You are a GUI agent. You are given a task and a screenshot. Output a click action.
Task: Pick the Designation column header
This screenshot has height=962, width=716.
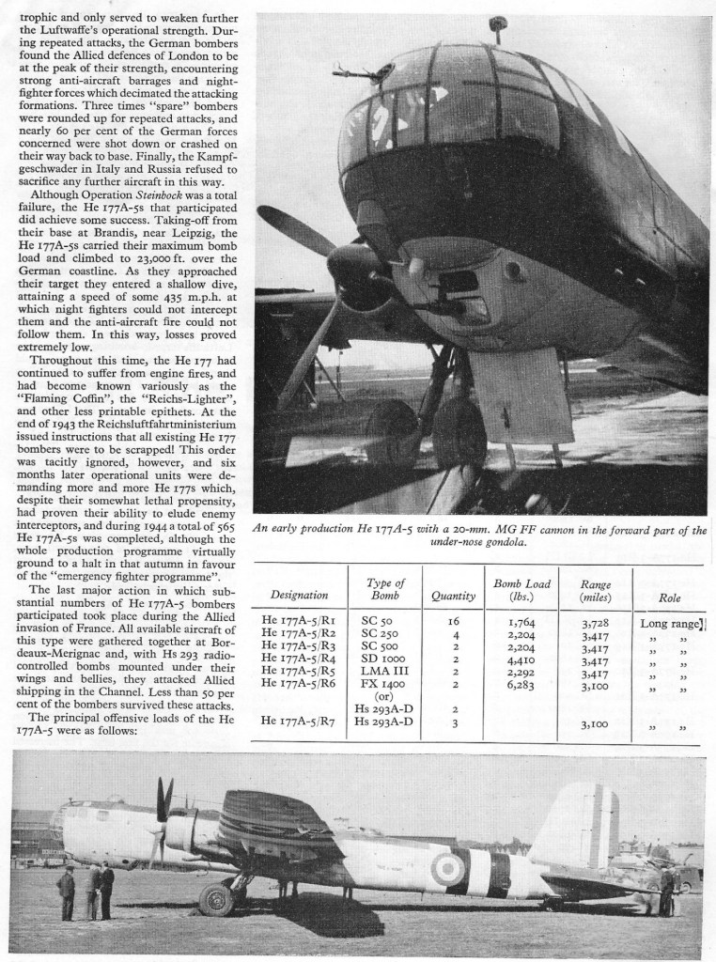tap(299, 595)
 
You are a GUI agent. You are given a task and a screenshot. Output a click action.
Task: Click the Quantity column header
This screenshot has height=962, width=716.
tap(453, 595)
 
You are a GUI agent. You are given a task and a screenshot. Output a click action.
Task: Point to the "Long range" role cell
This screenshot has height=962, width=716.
tap(671, 623)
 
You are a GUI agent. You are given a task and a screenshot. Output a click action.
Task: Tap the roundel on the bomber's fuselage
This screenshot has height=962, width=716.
tap(448, 869)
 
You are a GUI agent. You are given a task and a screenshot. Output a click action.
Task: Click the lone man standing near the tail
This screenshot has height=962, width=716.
tap(666, 892)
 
